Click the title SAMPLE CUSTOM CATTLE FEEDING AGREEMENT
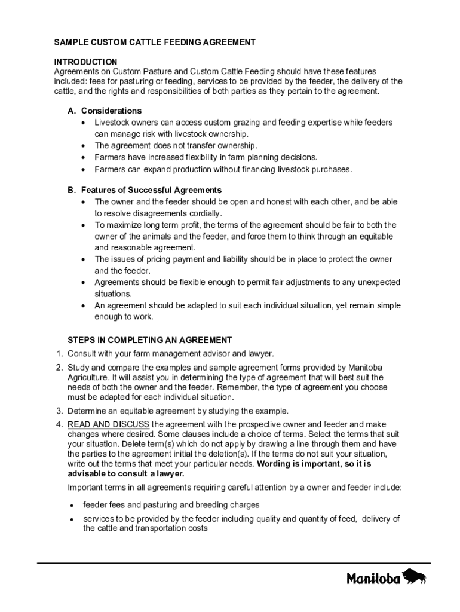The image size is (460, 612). [155, 42]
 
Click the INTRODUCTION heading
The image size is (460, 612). [85, 62]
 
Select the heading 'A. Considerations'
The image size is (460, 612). [105, 111]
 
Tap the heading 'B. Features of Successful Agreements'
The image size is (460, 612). [144, 190]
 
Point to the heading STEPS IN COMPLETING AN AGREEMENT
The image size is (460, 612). [149, 340]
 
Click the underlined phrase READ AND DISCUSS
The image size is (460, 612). [108, 424]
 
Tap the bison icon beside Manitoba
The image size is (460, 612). [415, 577]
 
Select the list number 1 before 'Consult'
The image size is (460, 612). [59, 353]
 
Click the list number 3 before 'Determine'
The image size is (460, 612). [59, 411]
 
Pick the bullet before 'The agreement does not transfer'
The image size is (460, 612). [83, 146]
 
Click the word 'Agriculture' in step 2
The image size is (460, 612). [89, 378]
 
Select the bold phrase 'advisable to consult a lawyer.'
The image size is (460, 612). [125, 473]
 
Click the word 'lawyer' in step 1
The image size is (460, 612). [260, 353]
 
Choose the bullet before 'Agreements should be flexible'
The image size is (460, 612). [83, 283]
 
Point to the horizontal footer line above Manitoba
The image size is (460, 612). [233, 562]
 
